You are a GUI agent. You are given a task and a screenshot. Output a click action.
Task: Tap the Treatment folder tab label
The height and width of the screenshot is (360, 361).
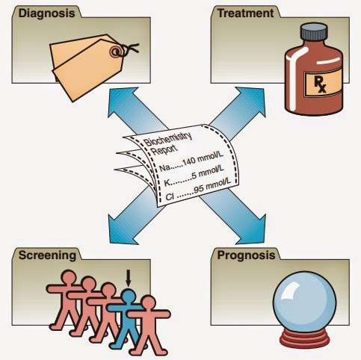(x=241, y=13)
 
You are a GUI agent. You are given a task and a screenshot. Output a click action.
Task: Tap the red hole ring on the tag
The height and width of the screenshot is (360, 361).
(x=117, y=51)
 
